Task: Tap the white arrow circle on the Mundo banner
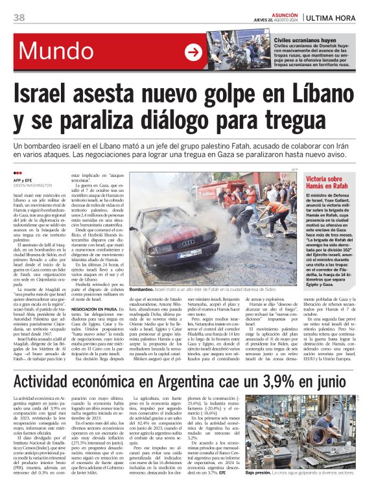tap(193, 52)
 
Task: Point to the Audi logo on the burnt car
tap(170, 242)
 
